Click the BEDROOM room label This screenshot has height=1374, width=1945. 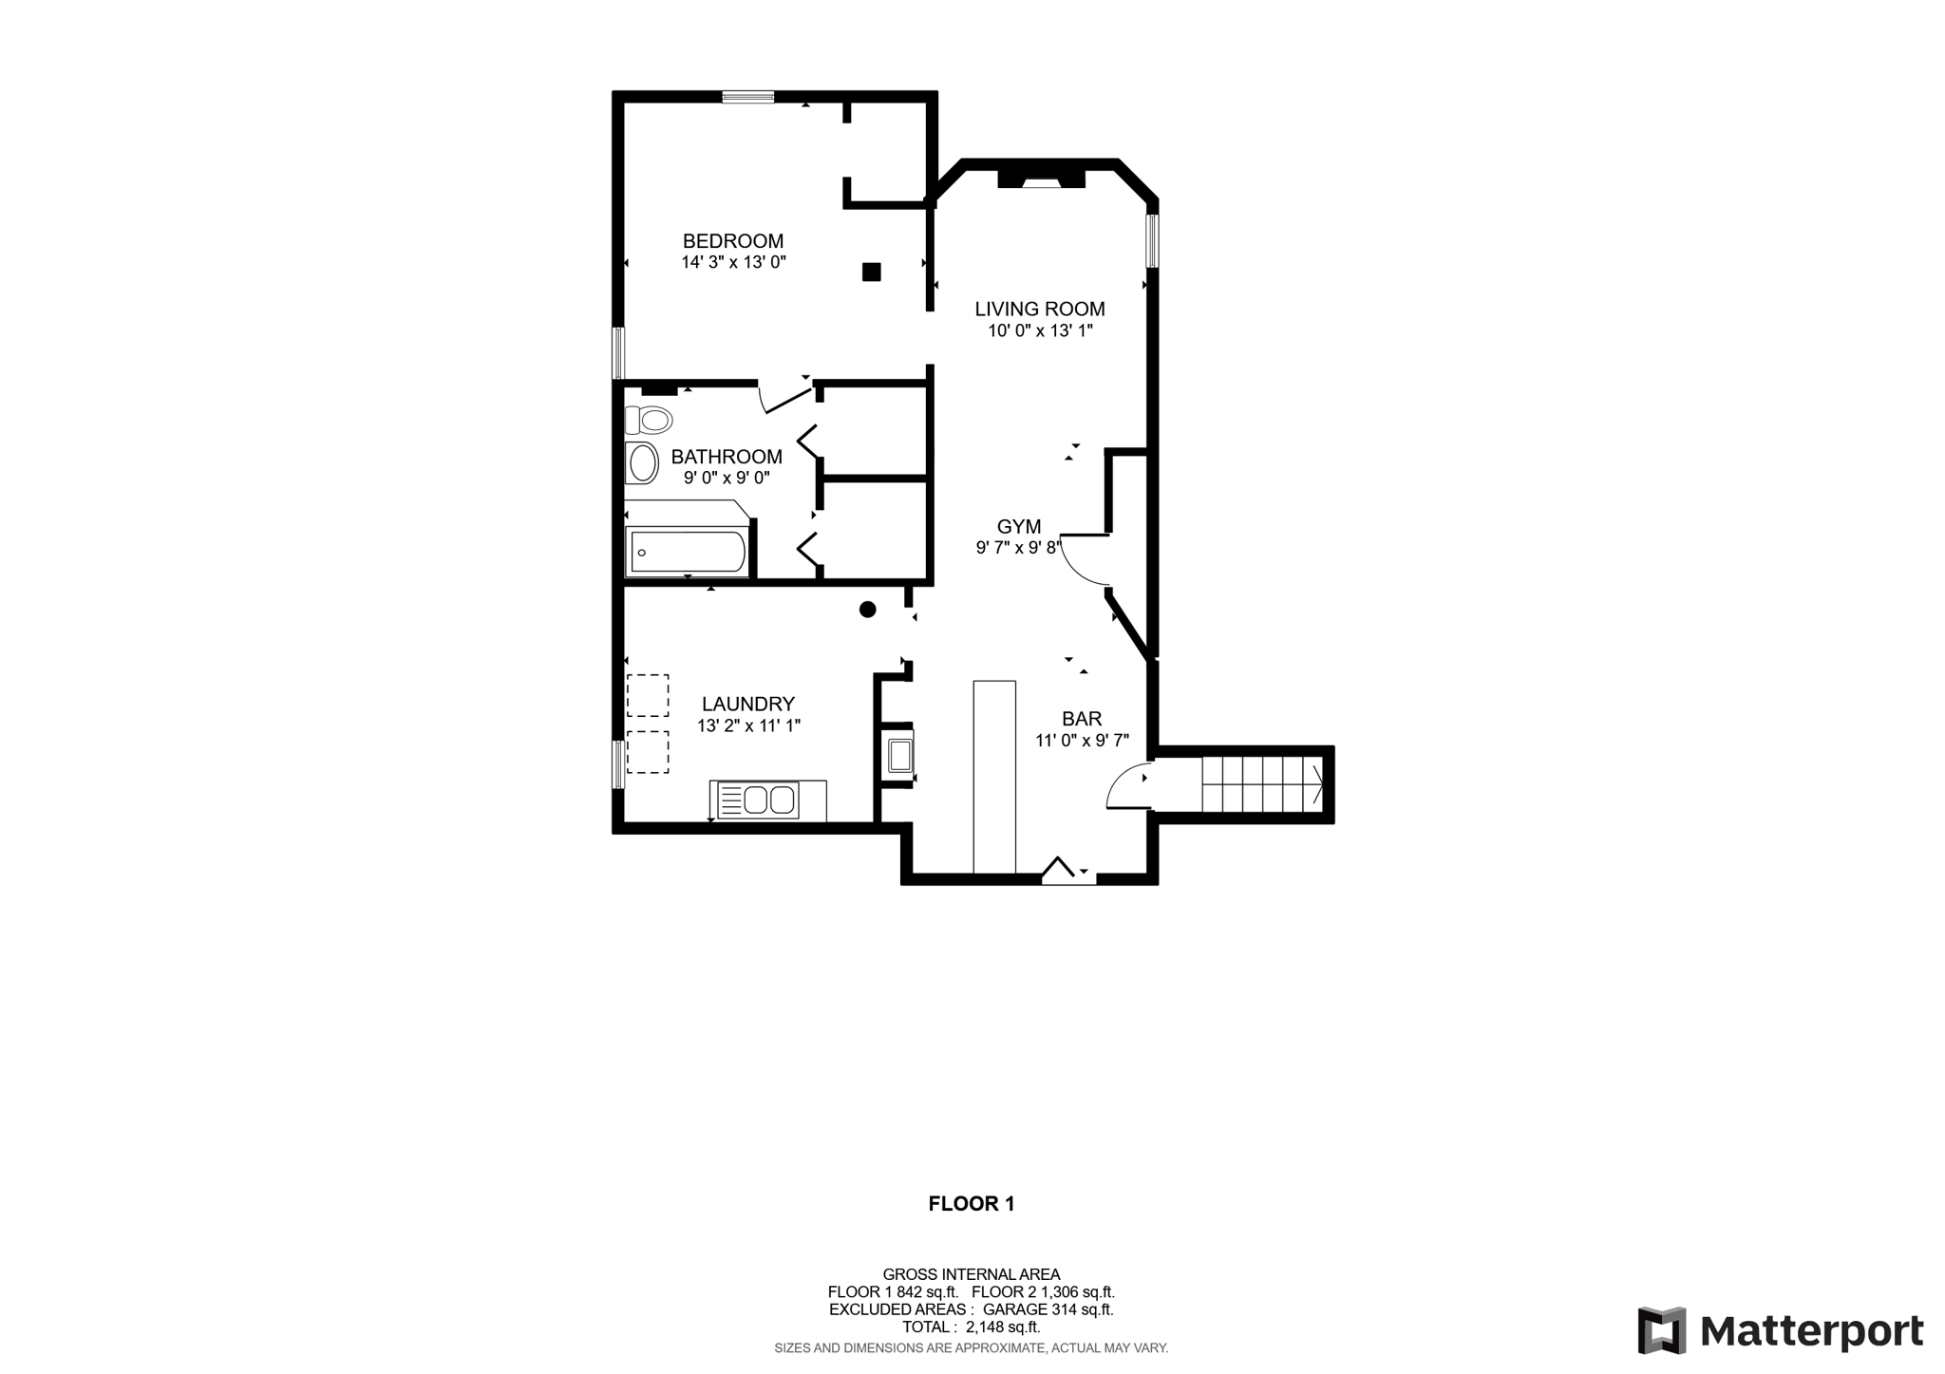coord(733,241)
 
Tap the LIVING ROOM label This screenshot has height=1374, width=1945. coord(1040,309)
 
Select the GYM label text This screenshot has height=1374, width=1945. coord(1019,526)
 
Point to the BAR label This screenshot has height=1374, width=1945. coord(1082,719)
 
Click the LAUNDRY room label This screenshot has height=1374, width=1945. coord(748,704)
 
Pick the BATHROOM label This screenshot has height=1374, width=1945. coord(727,457)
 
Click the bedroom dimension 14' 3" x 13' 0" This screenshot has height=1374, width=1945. coord(734,263)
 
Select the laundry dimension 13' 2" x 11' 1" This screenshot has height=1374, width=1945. coord(748,726)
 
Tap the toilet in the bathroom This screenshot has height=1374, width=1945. coord(648,419)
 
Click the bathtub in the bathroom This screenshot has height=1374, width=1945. coord(688,552)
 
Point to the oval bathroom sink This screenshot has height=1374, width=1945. coord(642,463)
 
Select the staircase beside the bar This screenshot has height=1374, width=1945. coord(1263,784)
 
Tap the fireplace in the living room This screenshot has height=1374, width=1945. coord(1041,179)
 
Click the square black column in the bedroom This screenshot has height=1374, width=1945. coord(871,273)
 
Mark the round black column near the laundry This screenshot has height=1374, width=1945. coord(867,610)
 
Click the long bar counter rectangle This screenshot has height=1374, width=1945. coord(994,777)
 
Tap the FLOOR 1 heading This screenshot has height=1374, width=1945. coord(972,1204)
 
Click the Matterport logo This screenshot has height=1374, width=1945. coord(1780,1330)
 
